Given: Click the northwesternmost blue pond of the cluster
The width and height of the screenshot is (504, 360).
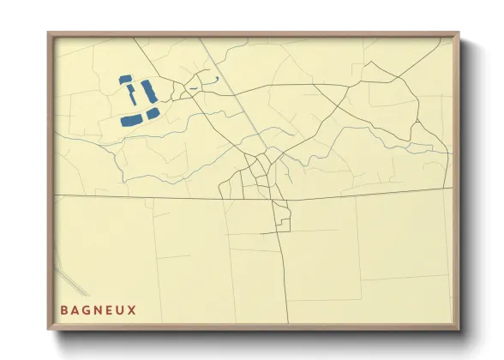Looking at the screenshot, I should click(x=125, y=79).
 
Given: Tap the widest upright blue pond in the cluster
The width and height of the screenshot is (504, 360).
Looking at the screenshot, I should click(x=146, y=89).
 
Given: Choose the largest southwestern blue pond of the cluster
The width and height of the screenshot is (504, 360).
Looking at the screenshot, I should click(x=132, y=119).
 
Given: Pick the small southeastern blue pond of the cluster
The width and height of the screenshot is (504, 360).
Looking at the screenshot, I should click(x=153, y=113).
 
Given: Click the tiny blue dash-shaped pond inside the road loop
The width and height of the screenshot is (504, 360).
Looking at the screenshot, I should click(x=194, y=88).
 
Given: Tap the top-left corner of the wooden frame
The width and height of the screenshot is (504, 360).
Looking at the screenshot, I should click(x=49, y=34).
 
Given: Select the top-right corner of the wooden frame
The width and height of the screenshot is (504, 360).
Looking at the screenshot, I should click(x=458, y=34).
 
